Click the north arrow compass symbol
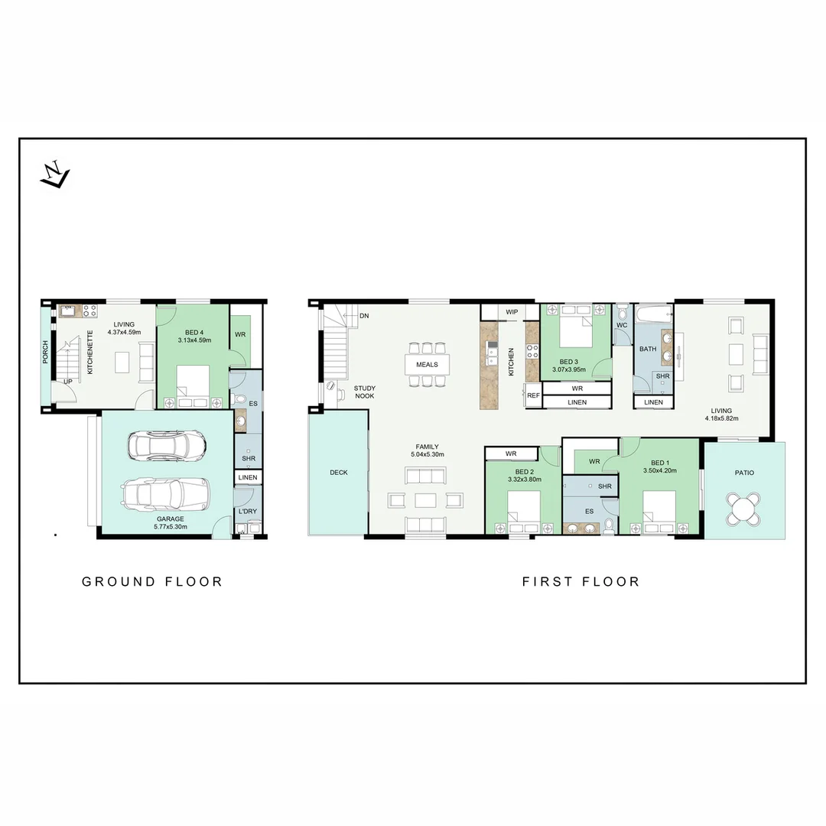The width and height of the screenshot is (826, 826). click(x=54, y=177)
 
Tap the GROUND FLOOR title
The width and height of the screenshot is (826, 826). click(x=152, y=582)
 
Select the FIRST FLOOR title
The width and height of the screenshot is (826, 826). click(x=580, y=582)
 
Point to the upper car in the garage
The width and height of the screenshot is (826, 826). click(x=166, y=445)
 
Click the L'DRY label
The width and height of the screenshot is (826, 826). click(x=247, y=511)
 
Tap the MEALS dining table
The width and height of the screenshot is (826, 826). click(x=427, y=364)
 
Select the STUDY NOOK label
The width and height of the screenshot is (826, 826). click(x=365, y=392)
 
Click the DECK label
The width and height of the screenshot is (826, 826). click(x=339, y=473)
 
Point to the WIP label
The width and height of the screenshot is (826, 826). click(x=512, y=312)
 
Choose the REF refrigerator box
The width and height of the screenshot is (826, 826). click(x=533, y=395)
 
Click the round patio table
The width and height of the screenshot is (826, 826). click(x=745, y=508)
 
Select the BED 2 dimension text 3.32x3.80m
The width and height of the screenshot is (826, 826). click(x=525, y=480)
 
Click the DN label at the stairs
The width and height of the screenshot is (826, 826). click(x=364, y=315)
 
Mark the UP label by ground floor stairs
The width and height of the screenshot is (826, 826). click(x=68, y=381)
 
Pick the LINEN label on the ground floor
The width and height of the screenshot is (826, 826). click(x=249, y=477)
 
